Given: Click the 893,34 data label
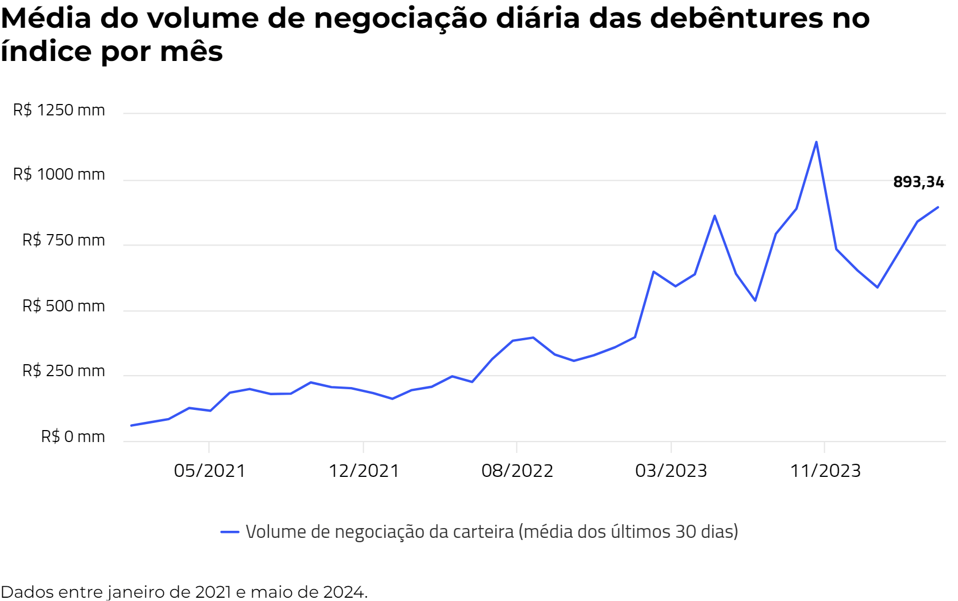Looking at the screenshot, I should coord(918,182).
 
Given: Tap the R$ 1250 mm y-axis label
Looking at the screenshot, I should coord(59,110).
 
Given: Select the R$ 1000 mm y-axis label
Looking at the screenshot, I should coord(59,174).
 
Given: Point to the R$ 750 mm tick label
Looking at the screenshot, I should coord(63,240).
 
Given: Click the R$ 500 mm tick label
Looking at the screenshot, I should coord(63,306).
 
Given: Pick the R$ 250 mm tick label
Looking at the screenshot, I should coord(63,371).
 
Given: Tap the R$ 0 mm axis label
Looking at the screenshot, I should coord(73,437).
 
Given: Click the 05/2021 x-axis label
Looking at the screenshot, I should coord(210,470).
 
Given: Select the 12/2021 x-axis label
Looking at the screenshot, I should coord(364,470).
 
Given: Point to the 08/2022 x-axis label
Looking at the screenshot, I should coord(517,470).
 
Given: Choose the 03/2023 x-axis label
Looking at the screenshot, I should coord(671,470).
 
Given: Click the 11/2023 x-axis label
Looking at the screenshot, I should coord(825,470).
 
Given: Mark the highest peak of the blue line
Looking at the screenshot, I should coord(816,142).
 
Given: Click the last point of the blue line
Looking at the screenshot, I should coord(938,207).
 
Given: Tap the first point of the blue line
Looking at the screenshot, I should coord(131,426).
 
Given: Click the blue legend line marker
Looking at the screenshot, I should coord(230,532).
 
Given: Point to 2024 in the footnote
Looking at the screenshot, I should coord(343,592).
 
